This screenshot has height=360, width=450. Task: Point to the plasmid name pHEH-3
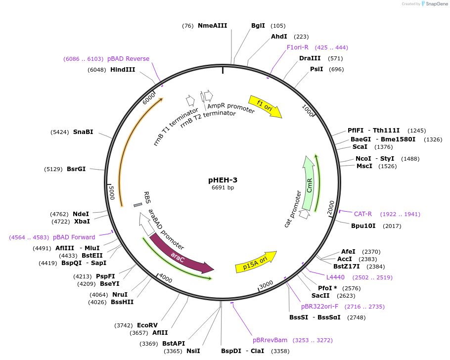pyautogui.click(x=223, y=180)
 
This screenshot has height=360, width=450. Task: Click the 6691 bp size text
pyautogui.click(x=223, y=188)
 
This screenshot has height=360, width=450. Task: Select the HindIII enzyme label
pyautogui.click(x=123, y=70)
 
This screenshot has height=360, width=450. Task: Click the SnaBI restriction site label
pyautogui.click(x=83, y=132)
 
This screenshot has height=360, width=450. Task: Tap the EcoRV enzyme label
pyautogui.click(x=147, y=325)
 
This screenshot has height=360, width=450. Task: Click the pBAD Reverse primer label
pyautogui.click(x=128, y=59)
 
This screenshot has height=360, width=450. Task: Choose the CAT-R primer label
pyautogui.click(x=363, y=214)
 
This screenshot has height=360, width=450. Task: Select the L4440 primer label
pyautogui.click(x=335, y=277)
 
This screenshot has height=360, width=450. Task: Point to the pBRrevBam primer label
pyautogui.click(x=270, y=340)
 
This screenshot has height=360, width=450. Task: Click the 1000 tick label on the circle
pyautogui.click(x=308, y=111)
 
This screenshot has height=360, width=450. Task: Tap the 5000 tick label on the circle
pyautogui.click(x=112, y=192)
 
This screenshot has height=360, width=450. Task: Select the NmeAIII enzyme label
pyautogui.click(x=212, y=26)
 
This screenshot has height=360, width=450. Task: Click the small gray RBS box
pyautogui.click(x=138, y=205)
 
